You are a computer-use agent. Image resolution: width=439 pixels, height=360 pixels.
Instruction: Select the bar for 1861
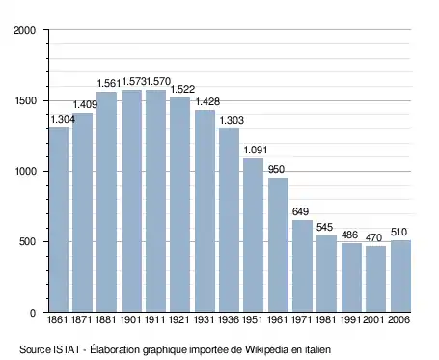[59, 220]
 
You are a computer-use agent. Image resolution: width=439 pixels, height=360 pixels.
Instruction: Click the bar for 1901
[131, 201]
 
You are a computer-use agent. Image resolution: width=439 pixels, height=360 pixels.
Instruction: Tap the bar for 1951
[253, 235]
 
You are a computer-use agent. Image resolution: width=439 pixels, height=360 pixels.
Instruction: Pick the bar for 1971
[302, 266]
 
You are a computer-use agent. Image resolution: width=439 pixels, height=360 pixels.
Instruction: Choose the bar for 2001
[375, 279]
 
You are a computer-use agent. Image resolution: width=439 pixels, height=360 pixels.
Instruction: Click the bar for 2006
[400, 276]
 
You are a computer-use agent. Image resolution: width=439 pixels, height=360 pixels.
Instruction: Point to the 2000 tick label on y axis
[24, 30]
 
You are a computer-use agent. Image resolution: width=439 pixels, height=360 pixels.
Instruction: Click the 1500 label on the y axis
[25, 100]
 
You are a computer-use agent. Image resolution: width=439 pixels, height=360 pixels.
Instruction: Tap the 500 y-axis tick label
[27, 241]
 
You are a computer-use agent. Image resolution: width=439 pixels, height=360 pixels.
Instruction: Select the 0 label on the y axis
[33, 313]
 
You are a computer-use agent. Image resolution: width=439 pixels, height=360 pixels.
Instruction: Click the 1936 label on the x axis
[229, 319]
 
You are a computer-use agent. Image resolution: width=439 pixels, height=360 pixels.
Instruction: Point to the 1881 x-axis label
[106, 319]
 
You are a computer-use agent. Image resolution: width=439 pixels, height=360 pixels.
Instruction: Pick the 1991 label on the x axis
[351, 319]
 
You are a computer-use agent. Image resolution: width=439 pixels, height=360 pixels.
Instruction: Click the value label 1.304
[63, 120]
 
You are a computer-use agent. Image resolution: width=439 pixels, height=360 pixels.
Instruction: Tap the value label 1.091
[256, 150]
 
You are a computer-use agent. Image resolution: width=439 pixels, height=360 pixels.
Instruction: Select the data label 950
[276, 169]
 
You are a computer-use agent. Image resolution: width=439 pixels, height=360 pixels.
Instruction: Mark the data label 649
[300, 211]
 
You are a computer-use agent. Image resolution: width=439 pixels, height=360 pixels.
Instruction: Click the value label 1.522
[182, 89]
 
